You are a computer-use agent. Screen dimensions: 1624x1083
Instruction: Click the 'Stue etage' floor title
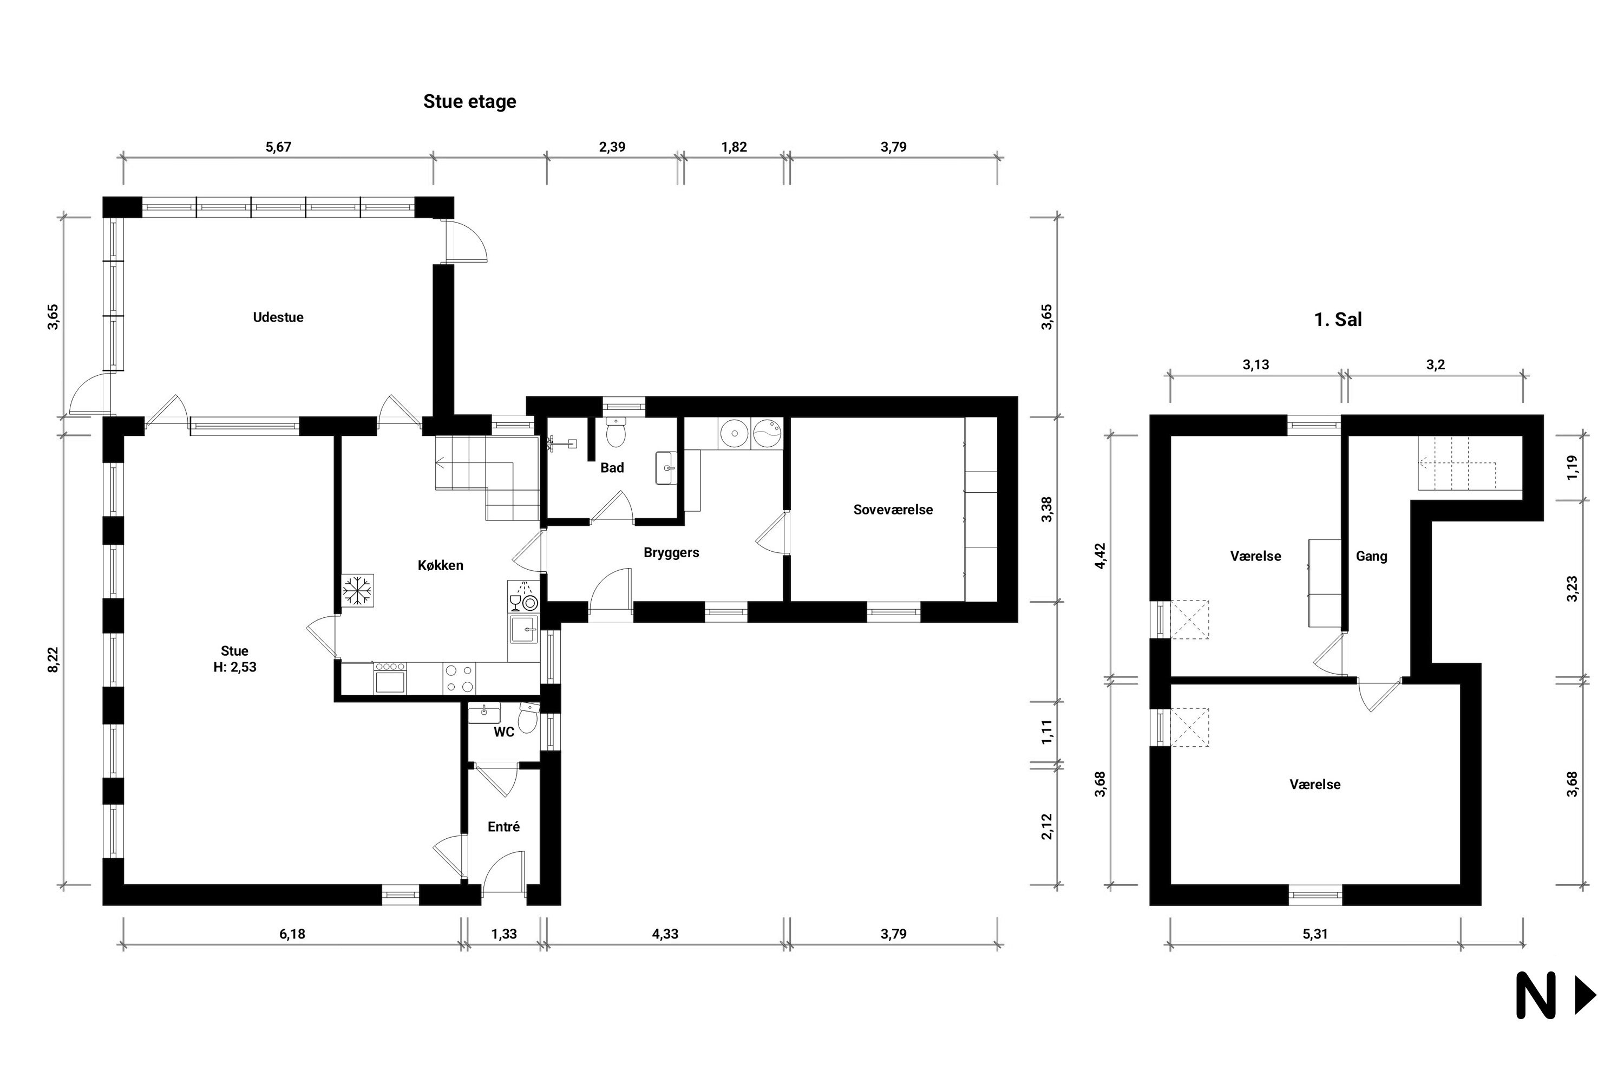(469, 102)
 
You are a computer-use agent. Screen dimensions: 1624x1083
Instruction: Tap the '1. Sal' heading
(1338, 320)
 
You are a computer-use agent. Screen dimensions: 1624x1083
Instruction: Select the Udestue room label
(278, 317)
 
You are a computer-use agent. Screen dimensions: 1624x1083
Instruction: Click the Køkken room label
(441, 565)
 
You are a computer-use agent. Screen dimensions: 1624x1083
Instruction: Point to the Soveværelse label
(893, 510)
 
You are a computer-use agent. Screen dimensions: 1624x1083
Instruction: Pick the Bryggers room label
(671, 552)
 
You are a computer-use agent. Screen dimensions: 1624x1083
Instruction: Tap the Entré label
(503, 827)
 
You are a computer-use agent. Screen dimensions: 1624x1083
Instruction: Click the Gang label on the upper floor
(1371, 556)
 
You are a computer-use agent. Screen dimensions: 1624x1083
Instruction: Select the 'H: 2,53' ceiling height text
(235, 667)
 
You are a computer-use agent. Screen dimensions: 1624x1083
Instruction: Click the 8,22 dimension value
(53, 659)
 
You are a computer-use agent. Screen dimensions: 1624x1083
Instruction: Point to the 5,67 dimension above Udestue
(278, 147)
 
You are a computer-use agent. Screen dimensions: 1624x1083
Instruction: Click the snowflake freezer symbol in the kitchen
(358, 591)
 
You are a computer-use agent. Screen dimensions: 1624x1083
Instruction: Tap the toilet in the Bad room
(615, 432)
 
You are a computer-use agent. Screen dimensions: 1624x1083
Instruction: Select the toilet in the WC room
(528, 719)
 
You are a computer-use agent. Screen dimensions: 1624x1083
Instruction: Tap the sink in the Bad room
(666, 468)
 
